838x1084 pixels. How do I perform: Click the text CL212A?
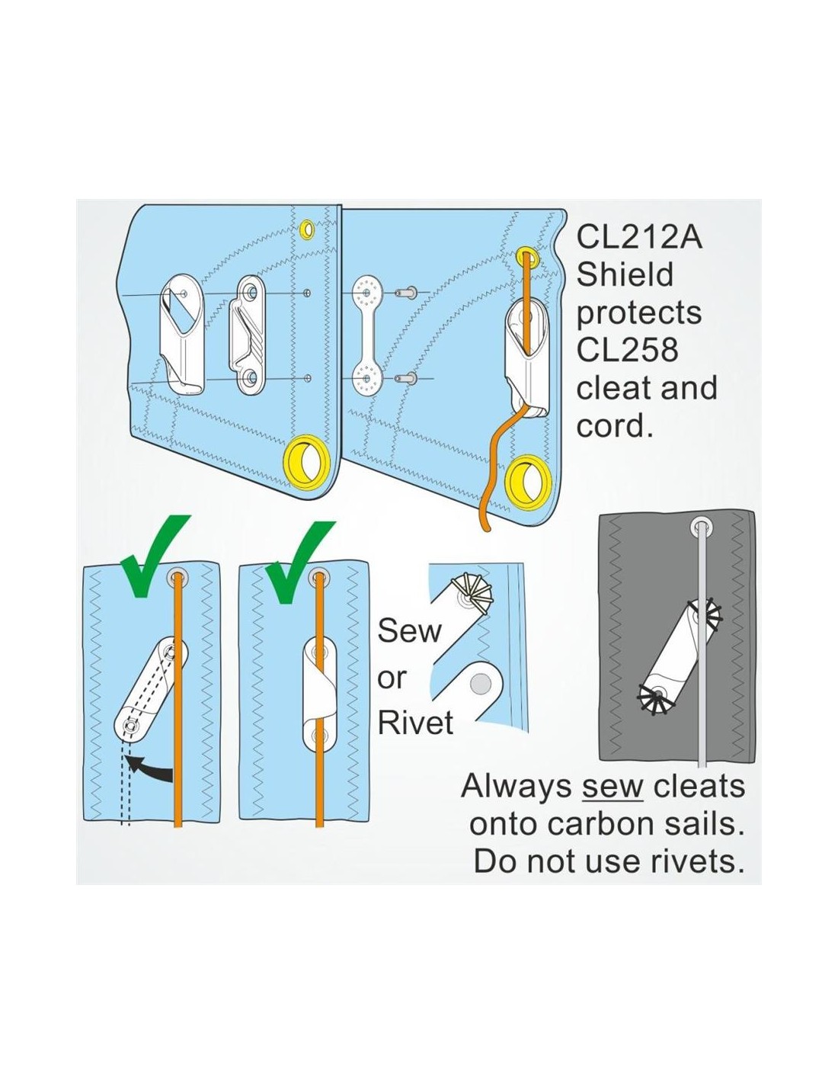638,238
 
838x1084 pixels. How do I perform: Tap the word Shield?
625,275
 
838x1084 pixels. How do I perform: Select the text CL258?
627,351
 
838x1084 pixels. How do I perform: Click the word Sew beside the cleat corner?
409,631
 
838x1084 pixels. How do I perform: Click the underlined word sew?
613,787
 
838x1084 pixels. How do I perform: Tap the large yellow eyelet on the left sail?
307,460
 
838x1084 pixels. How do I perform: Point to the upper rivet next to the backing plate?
405,293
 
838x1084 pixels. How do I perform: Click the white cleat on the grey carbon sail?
679,653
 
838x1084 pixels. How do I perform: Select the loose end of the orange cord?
485,529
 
